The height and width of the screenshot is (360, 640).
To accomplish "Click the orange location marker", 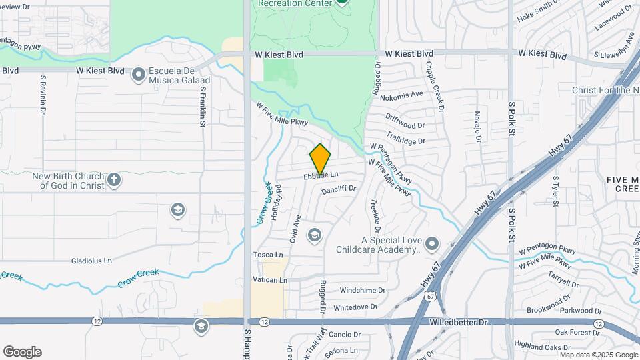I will (320, 159).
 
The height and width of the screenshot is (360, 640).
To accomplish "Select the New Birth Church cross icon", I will (114, 179).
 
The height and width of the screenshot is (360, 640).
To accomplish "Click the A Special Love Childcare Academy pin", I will (432, 243).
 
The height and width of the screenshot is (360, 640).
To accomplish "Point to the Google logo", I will (22, 352).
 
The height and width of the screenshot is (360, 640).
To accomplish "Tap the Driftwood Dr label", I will (405, 125).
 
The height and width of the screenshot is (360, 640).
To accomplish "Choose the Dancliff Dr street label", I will (339, 190).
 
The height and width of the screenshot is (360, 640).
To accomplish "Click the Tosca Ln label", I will (268, 255).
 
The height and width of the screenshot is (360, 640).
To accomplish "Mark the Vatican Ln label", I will (270, 280).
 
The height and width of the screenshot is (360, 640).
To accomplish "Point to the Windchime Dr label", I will (363, 291).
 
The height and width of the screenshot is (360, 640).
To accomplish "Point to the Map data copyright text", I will (597, 355).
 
